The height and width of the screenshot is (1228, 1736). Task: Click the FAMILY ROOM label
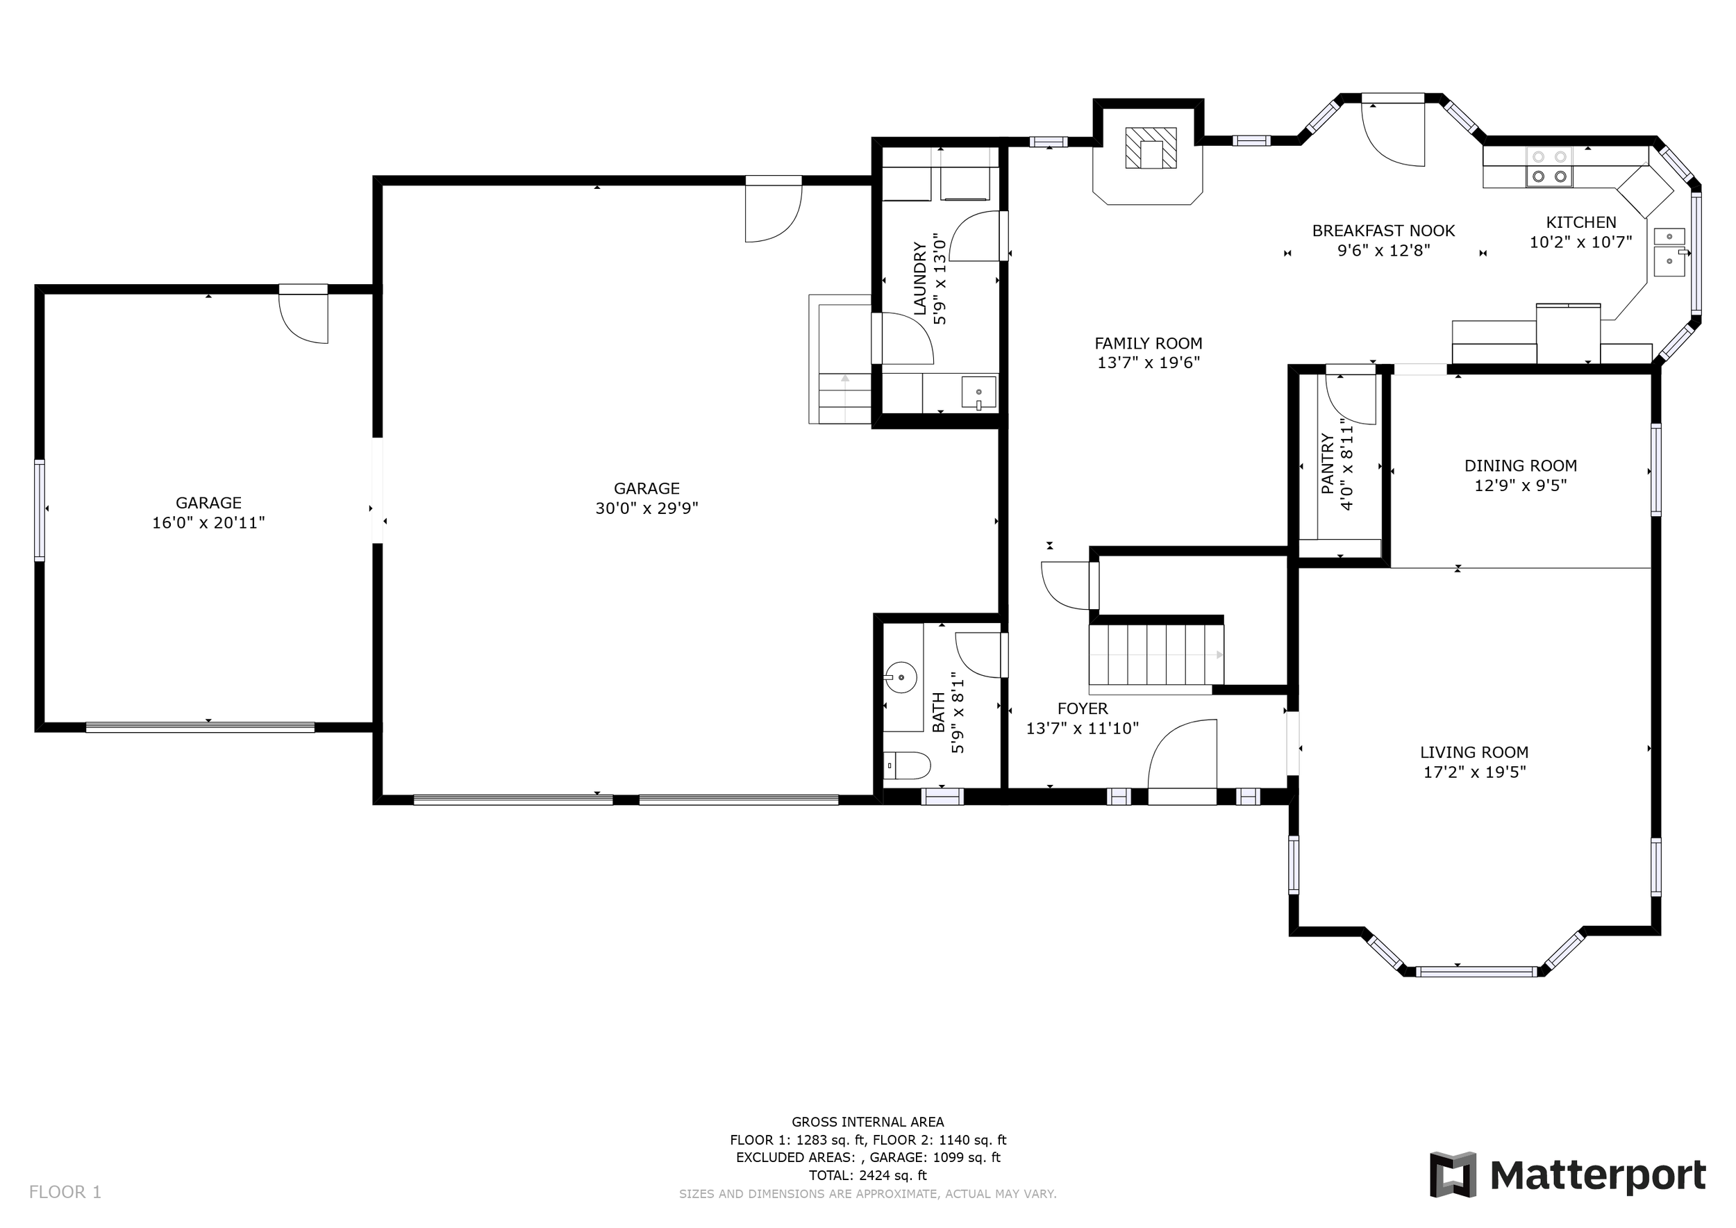[1149, 343]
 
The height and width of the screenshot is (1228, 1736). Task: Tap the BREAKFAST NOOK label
[1384, 231]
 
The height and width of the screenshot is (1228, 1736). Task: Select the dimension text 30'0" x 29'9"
[646, 508]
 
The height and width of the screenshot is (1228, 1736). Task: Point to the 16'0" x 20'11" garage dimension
[209, 522]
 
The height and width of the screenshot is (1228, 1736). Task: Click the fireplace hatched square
[1151, 147]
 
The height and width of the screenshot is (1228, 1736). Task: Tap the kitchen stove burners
[1549, 167]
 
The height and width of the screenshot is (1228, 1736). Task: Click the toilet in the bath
[907, 765]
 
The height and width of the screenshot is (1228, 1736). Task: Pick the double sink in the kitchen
[1670, 252]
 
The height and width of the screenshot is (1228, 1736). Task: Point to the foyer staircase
[1155, 655]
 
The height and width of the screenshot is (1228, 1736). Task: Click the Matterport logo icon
[1453, 1175]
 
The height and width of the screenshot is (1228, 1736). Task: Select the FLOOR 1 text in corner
[65, 1193]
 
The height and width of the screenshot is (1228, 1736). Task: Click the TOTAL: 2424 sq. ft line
[868, 1175]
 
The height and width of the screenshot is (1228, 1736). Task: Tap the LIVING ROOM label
[1474, 752]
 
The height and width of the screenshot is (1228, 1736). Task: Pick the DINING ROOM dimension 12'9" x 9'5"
[1521, 486]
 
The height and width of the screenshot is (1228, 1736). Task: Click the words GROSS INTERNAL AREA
[868, 1122]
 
